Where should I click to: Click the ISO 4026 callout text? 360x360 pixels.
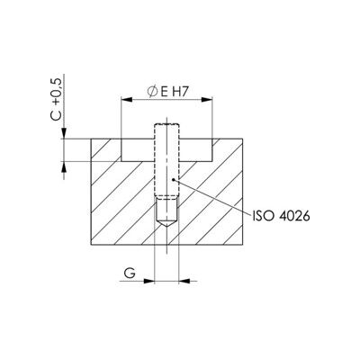coord(281,216)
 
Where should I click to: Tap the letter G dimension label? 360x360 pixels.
coord(130,274)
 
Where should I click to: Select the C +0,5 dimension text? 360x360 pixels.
coord(57,99)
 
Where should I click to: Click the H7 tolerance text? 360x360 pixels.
coord(180,93)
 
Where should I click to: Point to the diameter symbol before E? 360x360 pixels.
coord(153,93)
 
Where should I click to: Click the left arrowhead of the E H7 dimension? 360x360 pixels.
coord(126,100)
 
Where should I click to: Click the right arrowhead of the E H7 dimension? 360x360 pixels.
coord(207,100)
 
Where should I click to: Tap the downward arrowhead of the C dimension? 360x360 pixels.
coord(64,133)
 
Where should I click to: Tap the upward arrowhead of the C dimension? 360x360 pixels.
coord(64,166)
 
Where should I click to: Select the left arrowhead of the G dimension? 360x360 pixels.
coord(148,281)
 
